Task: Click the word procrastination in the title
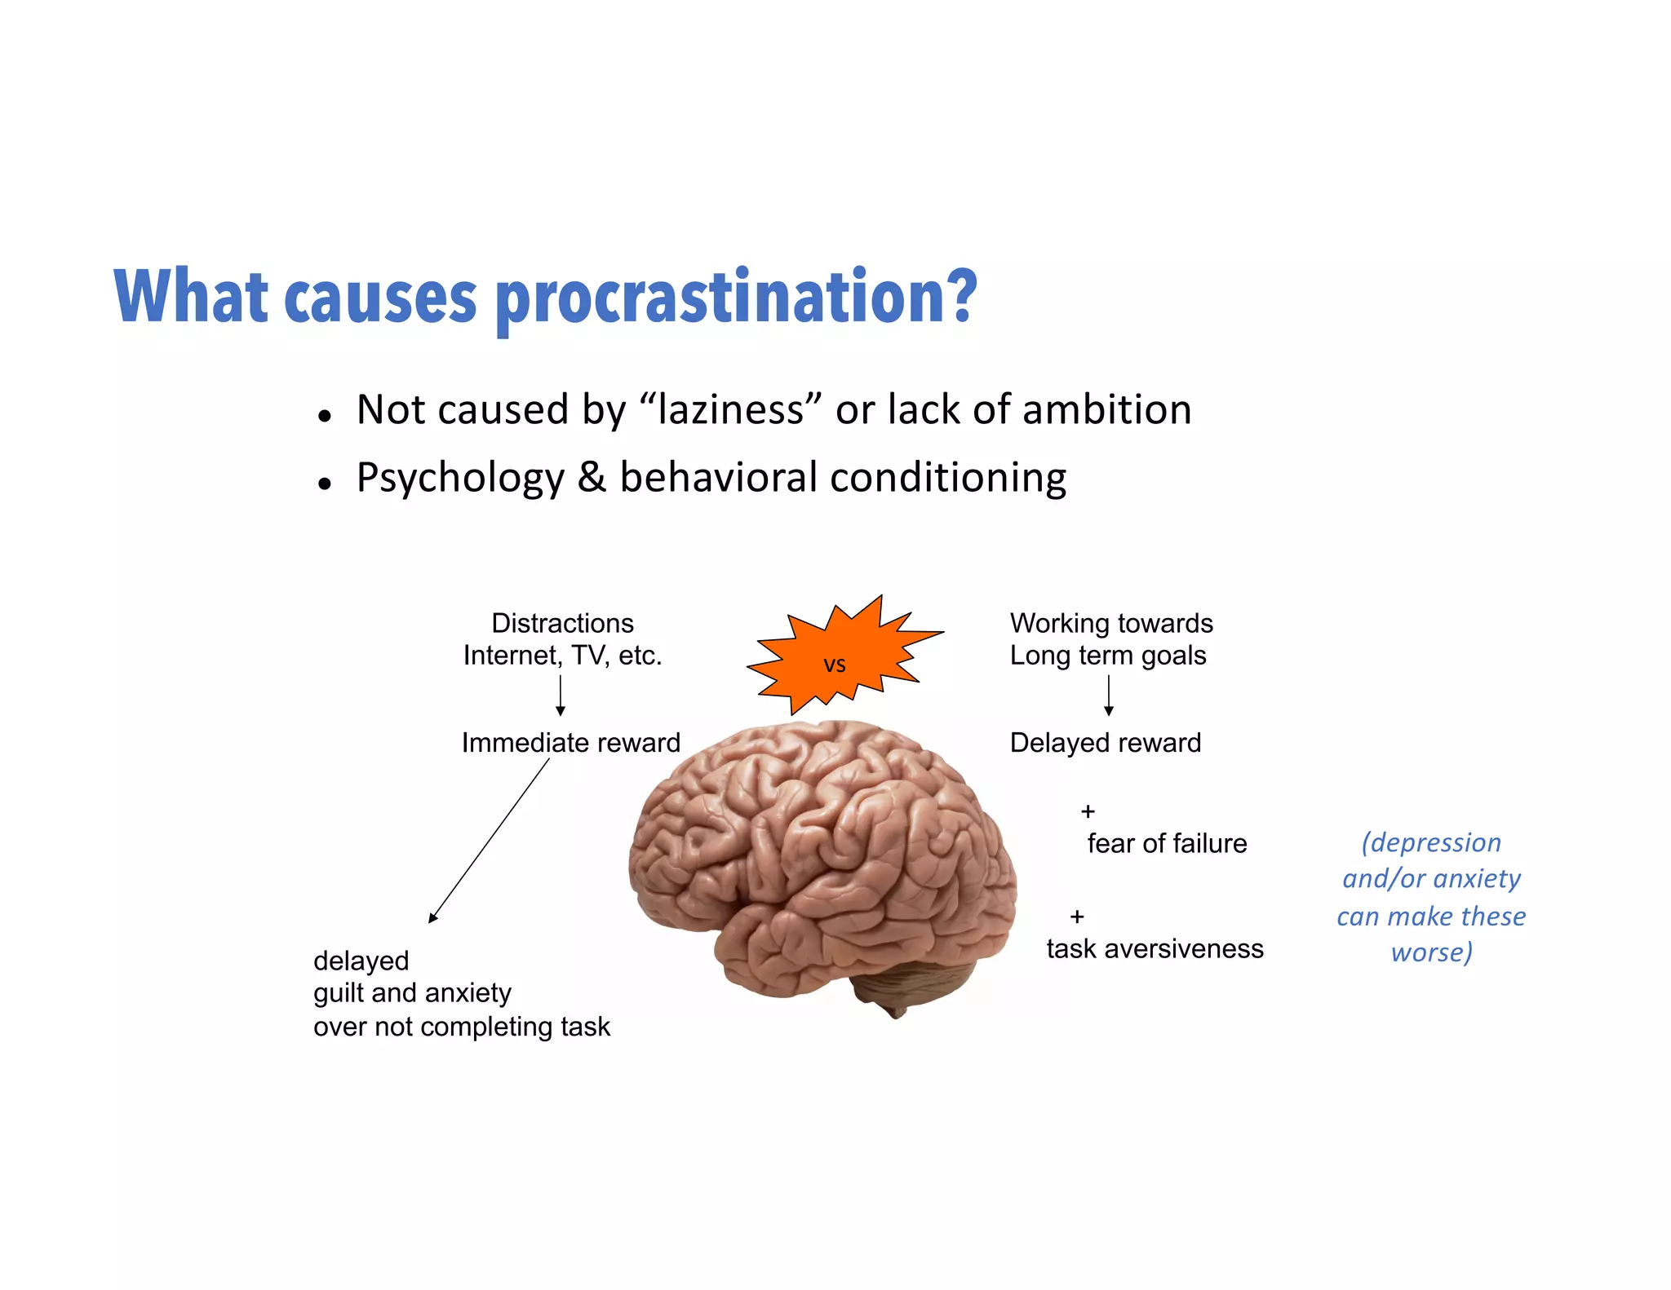click(x=736, y=298)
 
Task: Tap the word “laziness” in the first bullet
click(x=730, y=410)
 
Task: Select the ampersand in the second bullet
click(x=592, y=478)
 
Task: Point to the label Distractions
click(x=562, y=624)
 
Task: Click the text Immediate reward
click(x=570, y=743)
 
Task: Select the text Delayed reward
click(x=1105, y=743)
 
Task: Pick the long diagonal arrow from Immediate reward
click(x=490, y=841)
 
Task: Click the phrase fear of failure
click(x=1167, y=844)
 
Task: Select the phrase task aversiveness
click(x=1155, y=949)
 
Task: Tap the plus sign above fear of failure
click(x=1088, y=811)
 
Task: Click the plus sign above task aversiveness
click(x=1077, y=917)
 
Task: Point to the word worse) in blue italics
click(x=1431, y=952)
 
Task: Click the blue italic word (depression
click(x=1431, y=842)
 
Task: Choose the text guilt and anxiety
click(x=412, y=993)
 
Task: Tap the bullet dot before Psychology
click(x=325, y=484)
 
